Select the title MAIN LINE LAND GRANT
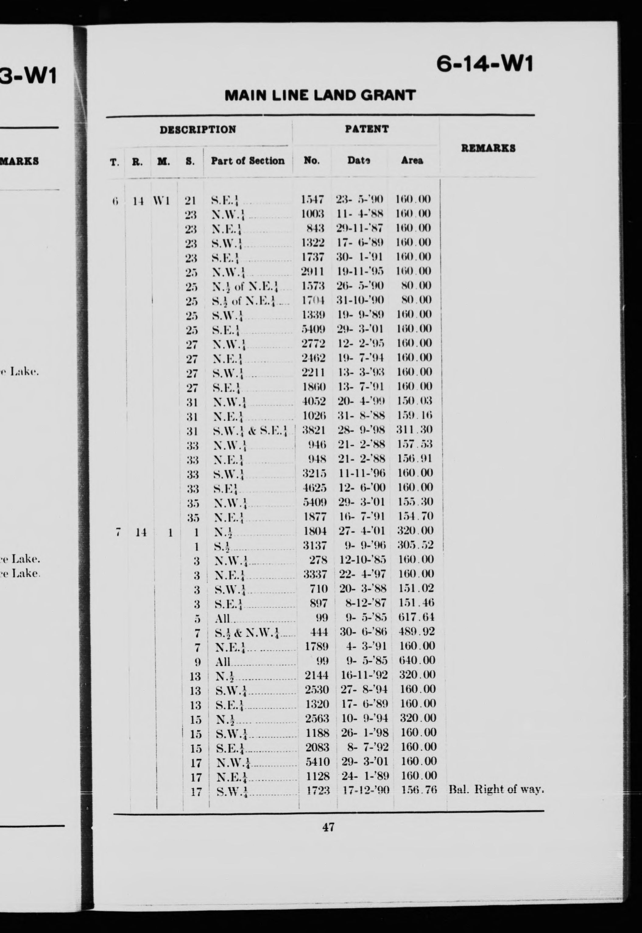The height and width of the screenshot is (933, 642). click(x=320, y=96)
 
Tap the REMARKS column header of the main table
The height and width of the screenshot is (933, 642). click(x=488, y=148)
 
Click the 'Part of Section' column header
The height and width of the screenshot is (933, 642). click(x=247, y=161)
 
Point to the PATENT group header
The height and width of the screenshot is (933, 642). click(x=366, y=129)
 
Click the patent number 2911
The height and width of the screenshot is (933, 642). click(x=312, y=271)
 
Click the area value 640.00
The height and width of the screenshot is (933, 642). click(x=417, y=660)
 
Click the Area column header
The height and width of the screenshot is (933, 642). click(x=412, y=161)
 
